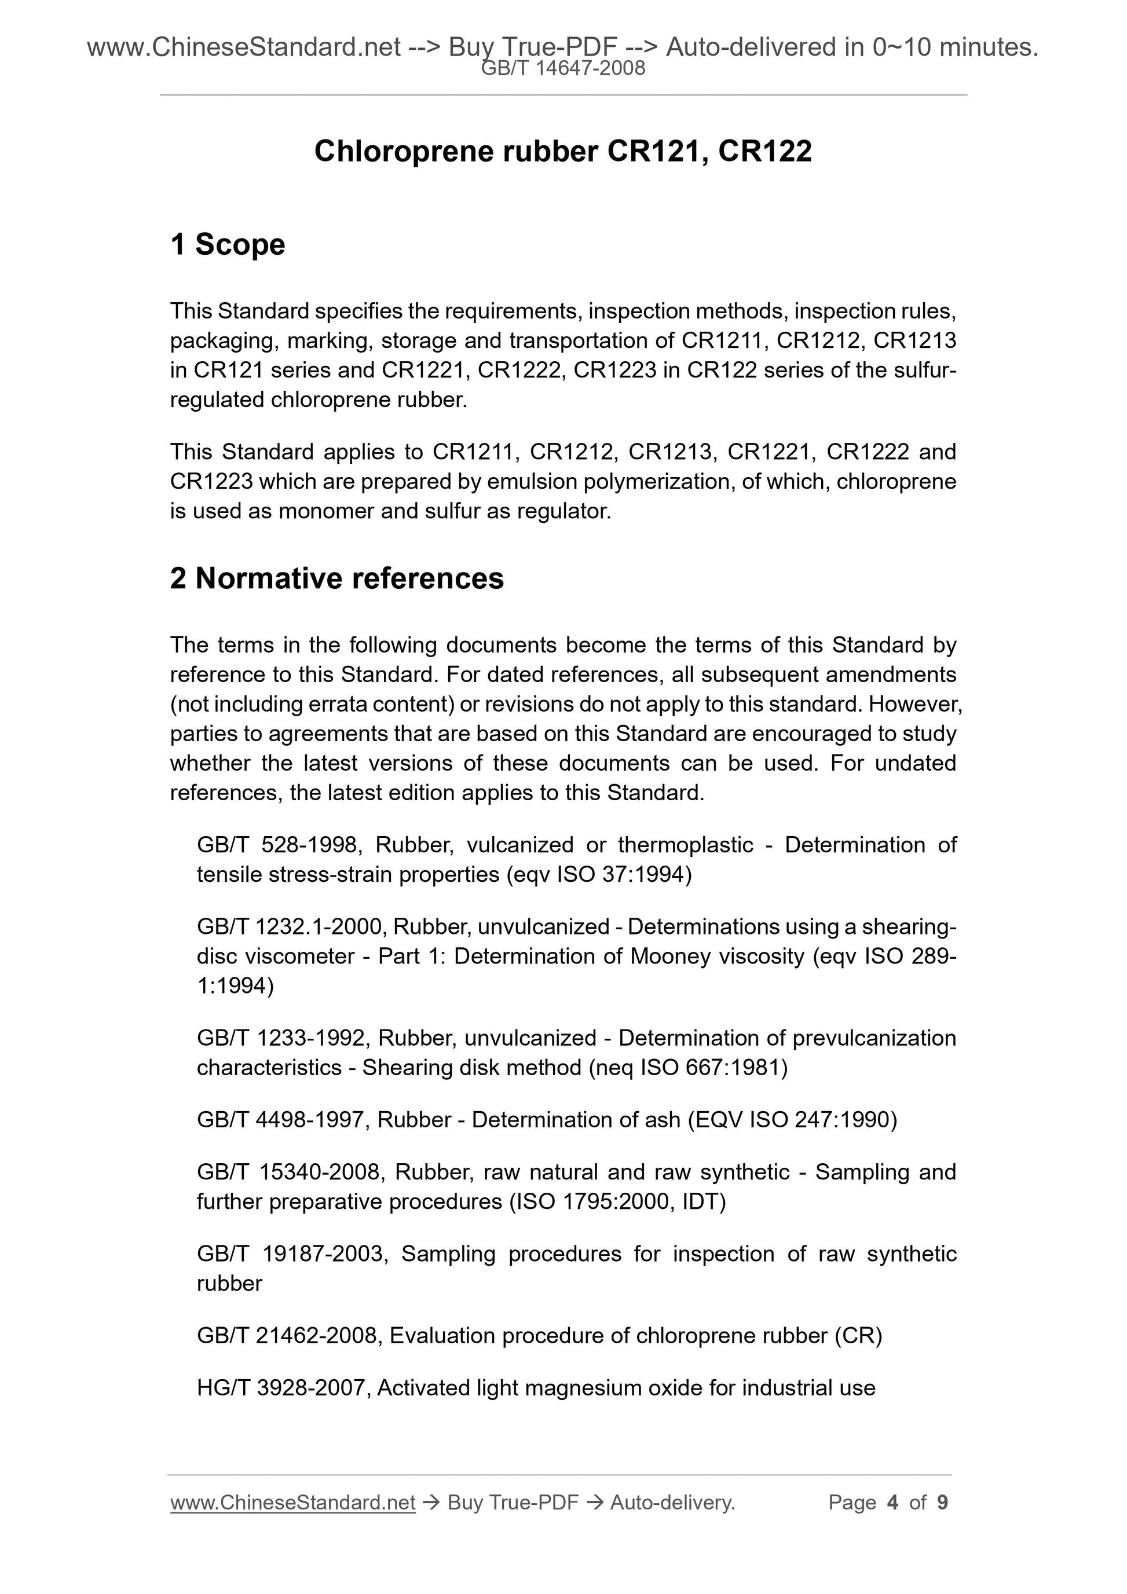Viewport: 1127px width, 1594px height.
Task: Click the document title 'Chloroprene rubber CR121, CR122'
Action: pyautogui.click(x=562, y=151)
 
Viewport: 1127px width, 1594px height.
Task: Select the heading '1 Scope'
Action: pyautogui.click(x=227, y=245)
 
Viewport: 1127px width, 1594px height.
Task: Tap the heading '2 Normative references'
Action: pyautogui.click(x=337, y=578)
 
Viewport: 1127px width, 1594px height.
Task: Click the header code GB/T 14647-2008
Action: pyautogui.click(x=563, y=69)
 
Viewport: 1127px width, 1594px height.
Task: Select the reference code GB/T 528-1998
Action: pyautogui.click(x=277, y=845)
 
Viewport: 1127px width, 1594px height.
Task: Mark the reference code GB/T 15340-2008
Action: pyautogui.click(x=288, y=1172)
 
